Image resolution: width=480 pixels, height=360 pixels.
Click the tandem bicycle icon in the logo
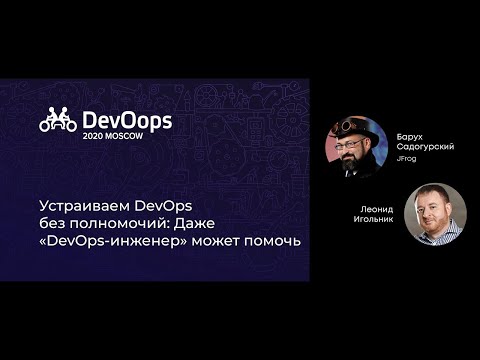[x=58, y=122]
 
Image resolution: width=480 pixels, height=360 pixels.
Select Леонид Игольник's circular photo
[x=435, y=213]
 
